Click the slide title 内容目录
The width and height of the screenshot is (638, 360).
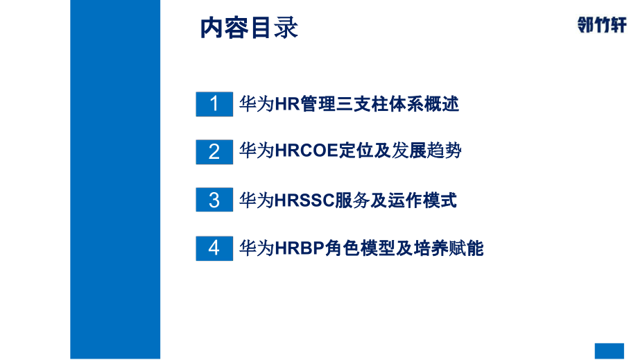(249, 28)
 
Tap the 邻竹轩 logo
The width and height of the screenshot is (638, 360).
(601, 25)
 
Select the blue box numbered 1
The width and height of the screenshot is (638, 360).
(214, 104)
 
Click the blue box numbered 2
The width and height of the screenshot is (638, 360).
(214, 151)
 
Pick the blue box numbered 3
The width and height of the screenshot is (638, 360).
(214, 200)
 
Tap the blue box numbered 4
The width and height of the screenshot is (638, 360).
(214, 248)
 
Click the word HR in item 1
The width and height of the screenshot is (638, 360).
(286, 105)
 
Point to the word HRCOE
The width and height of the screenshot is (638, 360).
(307, 152)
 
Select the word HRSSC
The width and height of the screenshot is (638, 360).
(304, 201)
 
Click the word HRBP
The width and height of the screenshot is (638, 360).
(300, 248)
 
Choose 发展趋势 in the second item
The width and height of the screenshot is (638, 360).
(426, 152)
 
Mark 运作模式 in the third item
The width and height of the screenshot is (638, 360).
(430, 201)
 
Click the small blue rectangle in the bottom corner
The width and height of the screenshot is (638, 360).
(610, 350)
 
